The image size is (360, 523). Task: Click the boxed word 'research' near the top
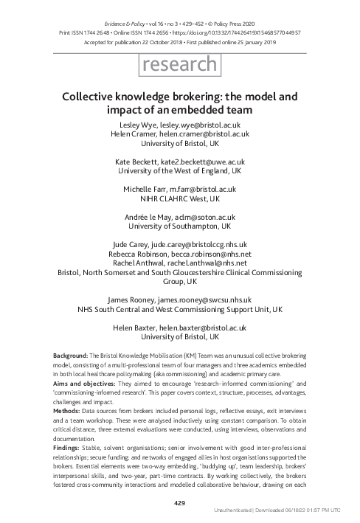179,66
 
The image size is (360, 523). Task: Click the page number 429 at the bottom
179,502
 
